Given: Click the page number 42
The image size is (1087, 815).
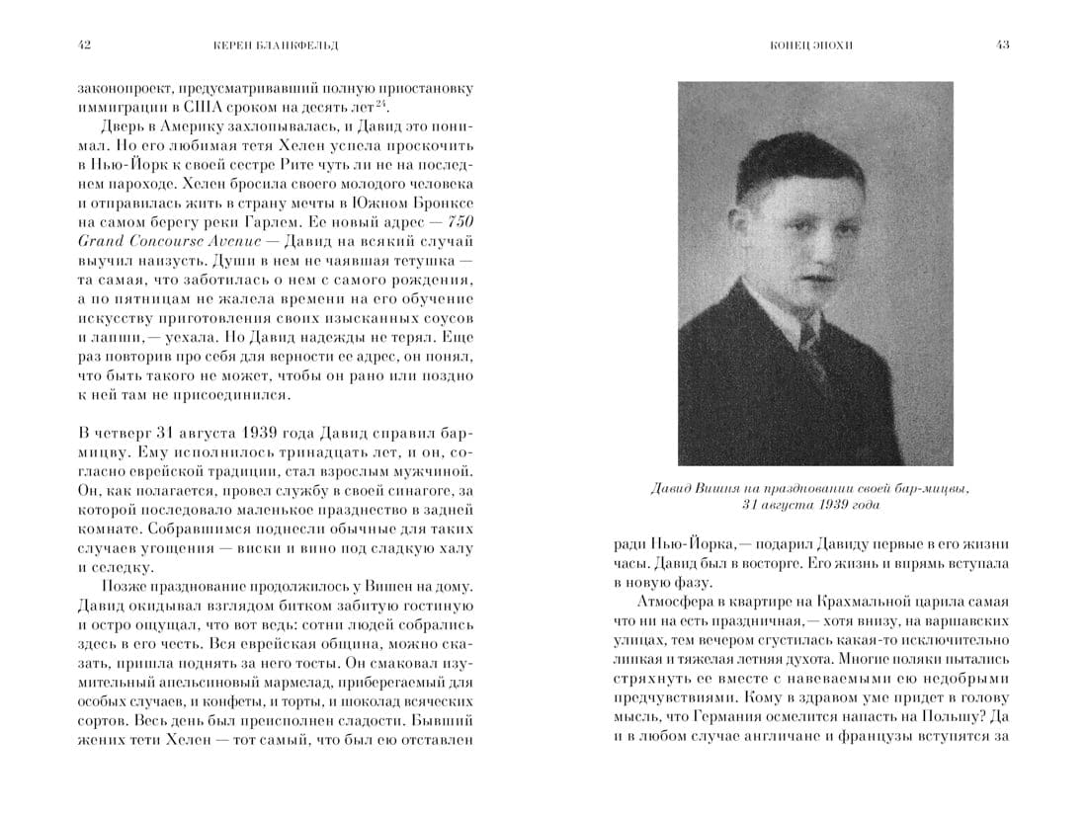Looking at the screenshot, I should [84, 45].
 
